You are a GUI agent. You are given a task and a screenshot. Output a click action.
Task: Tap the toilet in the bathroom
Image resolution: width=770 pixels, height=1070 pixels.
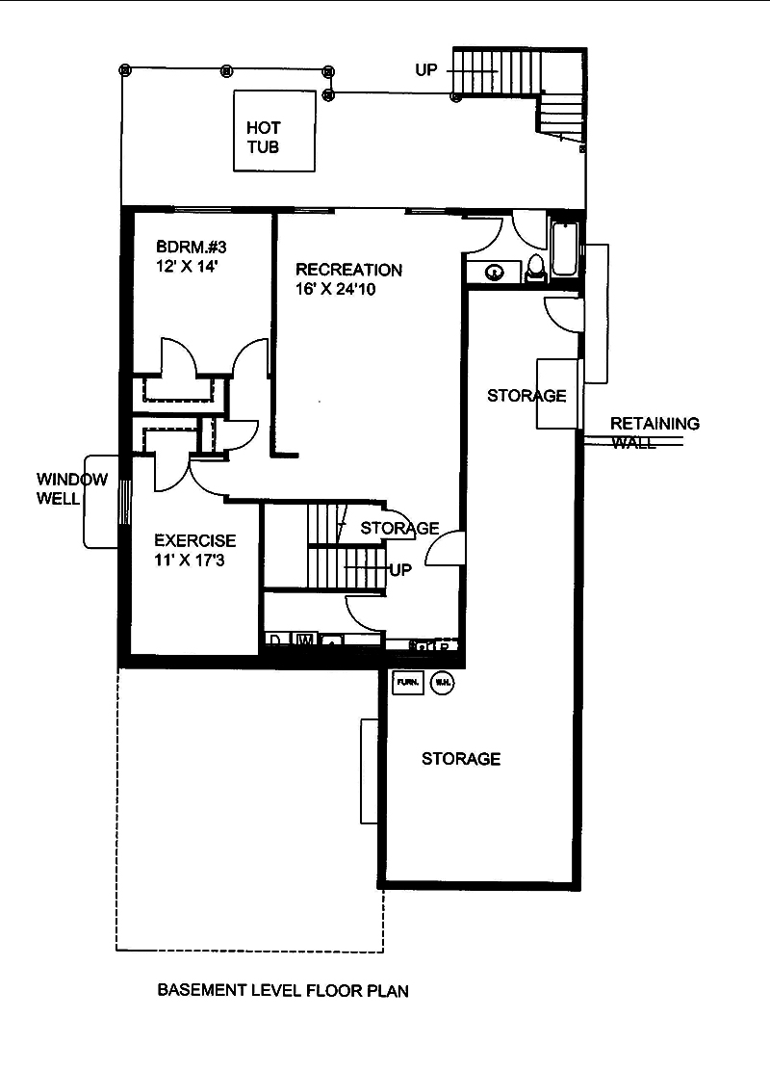537,268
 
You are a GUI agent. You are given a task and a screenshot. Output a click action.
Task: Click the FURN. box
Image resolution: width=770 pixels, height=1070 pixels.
406,682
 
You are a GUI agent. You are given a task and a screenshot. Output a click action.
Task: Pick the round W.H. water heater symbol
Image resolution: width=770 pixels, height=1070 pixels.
442,682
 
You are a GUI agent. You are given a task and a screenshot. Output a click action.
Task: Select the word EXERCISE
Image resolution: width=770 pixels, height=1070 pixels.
194,541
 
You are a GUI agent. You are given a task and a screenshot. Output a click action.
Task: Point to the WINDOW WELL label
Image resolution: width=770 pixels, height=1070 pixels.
72,488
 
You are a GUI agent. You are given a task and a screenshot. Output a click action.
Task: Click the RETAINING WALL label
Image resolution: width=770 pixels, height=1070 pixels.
654,432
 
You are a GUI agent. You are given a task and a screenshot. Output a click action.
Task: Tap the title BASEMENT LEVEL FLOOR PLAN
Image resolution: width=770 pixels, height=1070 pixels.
283,990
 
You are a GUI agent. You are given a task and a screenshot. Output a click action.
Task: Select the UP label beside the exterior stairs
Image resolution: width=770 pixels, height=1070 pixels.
426,70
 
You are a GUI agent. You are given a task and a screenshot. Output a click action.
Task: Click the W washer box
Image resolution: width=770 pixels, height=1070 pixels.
303,639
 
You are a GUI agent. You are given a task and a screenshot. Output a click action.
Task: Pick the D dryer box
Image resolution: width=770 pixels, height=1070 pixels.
275,639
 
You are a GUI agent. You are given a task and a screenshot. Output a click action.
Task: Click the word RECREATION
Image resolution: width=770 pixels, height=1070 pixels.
348,269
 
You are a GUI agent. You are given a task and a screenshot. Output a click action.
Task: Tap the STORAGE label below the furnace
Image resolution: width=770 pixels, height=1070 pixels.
461,759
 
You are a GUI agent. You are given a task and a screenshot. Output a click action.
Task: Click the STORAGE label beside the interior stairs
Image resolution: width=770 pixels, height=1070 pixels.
399,528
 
